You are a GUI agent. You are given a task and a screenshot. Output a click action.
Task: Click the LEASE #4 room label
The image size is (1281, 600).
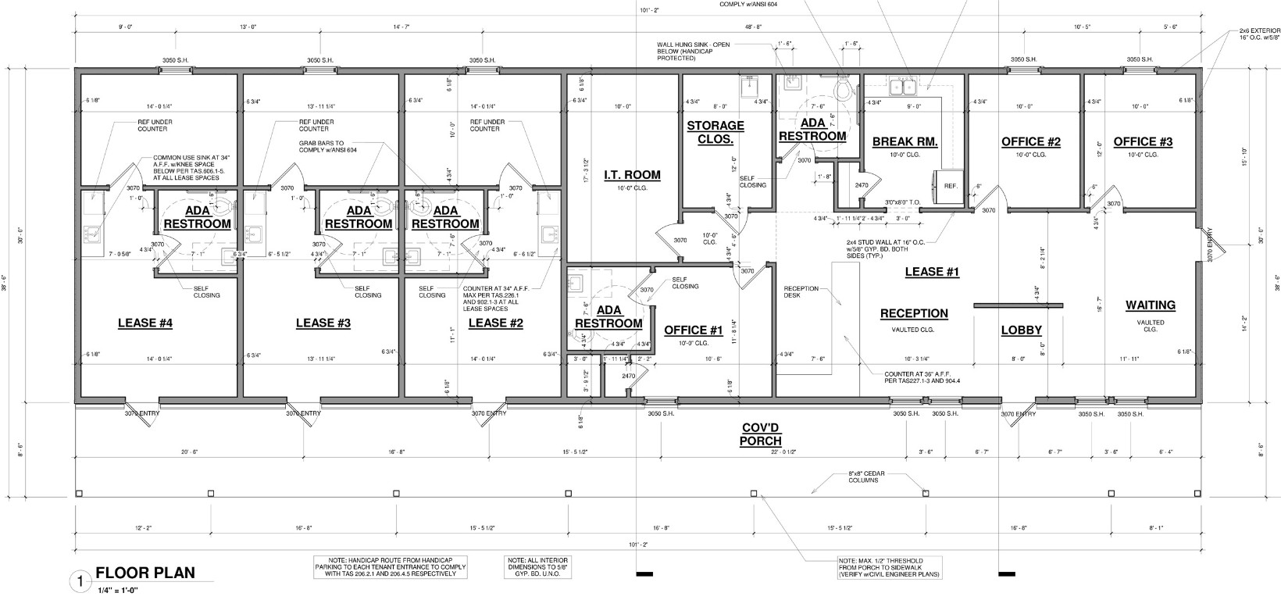click(x=145, y=323)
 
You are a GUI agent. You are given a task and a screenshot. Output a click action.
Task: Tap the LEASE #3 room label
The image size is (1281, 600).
click(x=323, y=323)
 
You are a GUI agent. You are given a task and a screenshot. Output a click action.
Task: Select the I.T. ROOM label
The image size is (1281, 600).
click(x=632, y=175)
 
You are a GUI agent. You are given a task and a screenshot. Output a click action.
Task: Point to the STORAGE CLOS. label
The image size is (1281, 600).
click(x=715, y=132)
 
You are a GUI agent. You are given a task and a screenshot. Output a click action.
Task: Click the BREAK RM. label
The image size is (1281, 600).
click(x=905, y=141)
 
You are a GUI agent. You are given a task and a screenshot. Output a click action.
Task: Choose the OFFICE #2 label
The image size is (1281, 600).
click(x=1031, y=141)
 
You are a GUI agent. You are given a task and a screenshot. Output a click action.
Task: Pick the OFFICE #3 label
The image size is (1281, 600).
click(x=1143, y=141)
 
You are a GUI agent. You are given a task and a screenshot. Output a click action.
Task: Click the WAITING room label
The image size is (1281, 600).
click(x=1150, y=305)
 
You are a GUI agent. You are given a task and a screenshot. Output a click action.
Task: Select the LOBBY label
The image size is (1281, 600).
click(x=1022, y=330)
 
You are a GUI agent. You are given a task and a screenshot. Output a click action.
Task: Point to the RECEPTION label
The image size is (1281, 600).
click(x=914, y=313)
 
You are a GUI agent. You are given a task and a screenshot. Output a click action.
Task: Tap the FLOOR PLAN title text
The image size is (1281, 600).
click(x=145, y=573)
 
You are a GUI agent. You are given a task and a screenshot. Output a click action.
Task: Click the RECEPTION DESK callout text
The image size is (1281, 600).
click(x=801, y=292)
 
